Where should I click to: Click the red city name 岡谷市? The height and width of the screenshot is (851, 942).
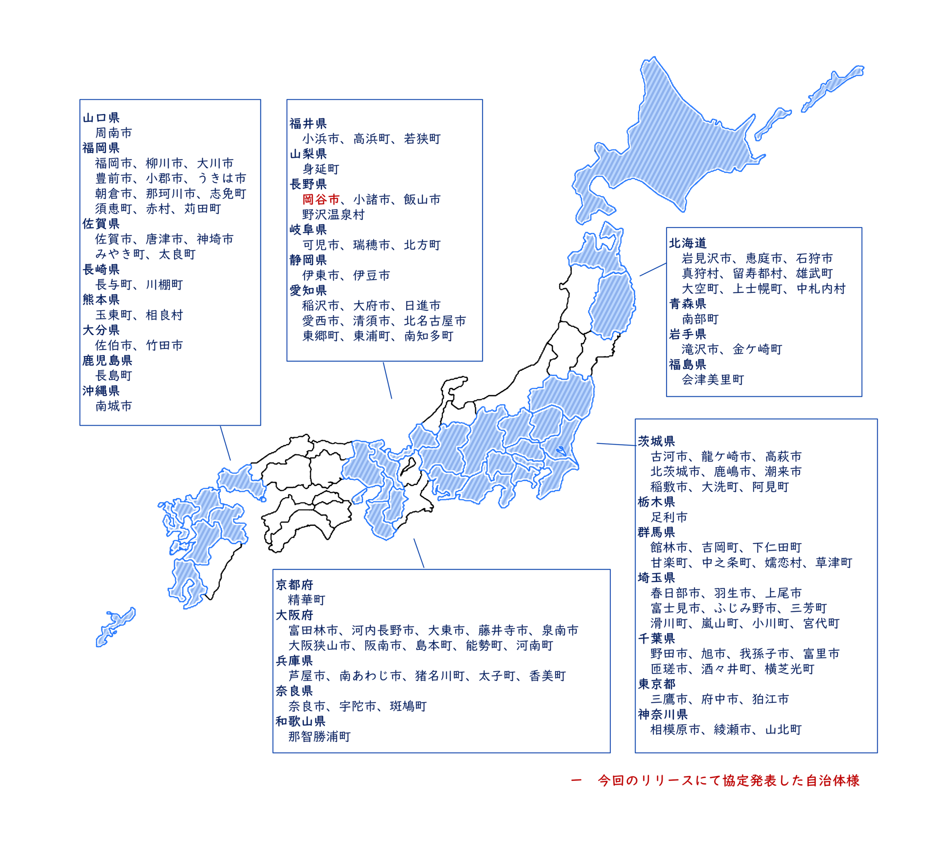pos(321,200)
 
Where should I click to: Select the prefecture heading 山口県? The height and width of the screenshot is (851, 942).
pos(101,118)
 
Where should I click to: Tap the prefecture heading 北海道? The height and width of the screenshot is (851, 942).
pos(687,243)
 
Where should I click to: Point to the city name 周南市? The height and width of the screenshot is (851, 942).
pos(114,133)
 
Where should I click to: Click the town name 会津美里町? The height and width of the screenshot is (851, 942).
pos(713,380)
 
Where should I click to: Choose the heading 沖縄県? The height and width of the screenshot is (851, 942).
pos(101,391)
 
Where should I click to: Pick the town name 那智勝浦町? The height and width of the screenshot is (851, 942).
pos(319,736)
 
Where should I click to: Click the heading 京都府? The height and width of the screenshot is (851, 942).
pos(294,585)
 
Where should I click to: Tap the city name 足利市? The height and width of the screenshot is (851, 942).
pos(669,517)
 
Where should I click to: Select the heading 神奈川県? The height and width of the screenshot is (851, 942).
pos(663,714)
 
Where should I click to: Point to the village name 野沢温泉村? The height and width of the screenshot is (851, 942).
pos(333,215)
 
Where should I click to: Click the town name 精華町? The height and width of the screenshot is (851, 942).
pos(307,600)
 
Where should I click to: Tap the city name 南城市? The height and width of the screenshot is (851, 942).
pos(114,406)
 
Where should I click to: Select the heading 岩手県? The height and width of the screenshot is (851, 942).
pos(687,334)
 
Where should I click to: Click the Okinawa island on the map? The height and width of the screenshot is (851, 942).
pos(116,627)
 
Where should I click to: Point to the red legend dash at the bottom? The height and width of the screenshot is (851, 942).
pos(576,780)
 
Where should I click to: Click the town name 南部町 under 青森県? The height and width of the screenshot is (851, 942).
pos(700,319)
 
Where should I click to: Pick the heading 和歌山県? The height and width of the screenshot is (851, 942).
pos(301,721)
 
